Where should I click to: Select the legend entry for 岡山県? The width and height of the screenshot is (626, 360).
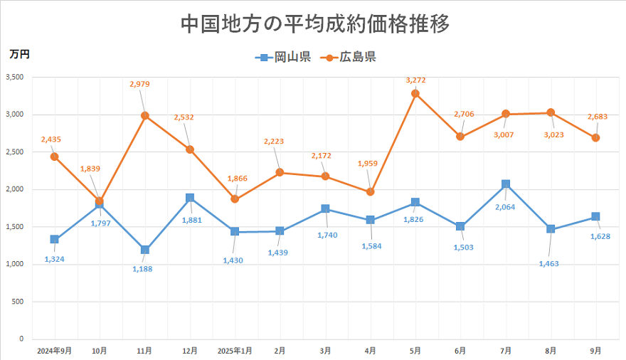click(283, 57)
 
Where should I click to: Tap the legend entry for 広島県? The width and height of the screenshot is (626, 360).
click(349, 57)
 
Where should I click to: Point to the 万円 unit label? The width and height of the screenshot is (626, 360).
click(19, 53)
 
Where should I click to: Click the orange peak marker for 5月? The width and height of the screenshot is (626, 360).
click(415, 93)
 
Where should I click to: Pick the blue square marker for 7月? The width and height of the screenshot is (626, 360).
click(506, 184)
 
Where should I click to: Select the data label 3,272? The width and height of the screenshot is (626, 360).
click(416, 80)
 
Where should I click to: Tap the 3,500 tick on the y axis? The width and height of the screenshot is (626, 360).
click(15, 77)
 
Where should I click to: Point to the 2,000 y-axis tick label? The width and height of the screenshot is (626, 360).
click(15, 189)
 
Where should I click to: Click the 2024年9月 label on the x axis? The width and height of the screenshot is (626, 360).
click(54, 350)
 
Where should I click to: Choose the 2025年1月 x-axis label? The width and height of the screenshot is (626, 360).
click(235, 350)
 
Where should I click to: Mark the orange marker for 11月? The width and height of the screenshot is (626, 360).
click(144, 115)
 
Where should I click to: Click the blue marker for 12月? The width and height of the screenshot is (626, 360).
click(190, 198)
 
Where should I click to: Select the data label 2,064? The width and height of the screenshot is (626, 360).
click(506, 208)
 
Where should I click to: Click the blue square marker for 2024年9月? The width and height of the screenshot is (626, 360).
click(54, 240)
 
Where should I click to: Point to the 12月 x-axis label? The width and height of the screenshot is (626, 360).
click(190, 350)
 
